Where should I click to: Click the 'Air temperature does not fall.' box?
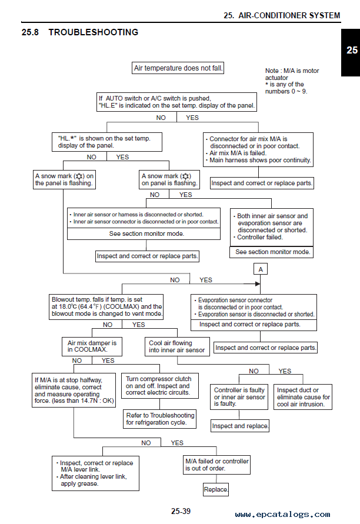click(178, 68)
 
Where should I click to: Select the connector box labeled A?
click(261, 269)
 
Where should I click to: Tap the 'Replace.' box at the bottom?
click(216, 489)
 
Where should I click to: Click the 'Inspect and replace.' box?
click(239, 426)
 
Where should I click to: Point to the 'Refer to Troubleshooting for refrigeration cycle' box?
click(159, 419)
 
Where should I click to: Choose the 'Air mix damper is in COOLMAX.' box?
click(92, 346)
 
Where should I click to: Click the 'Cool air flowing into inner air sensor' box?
click(177, 346)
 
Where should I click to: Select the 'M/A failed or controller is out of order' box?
click(216, 465)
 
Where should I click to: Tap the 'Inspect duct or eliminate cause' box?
click(303, 397)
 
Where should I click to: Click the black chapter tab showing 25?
click(351, 52)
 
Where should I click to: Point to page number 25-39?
click(181, 511)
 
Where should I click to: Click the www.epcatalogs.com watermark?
click(282, 515)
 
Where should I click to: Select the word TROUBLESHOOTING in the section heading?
click(94, 32)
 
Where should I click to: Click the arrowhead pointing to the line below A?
click(258, 284)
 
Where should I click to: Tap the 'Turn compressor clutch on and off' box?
click(159, 386)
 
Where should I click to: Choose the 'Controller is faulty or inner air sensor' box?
click(239, 397)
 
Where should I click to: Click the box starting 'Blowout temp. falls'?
click(106, 307)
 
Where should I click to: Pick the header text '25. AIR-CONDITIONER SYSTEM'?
click(282, 15)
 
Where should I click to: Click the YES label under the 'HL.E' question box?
click(192, 118)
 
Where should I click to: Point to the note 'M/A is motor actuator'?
click(292, 74)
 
